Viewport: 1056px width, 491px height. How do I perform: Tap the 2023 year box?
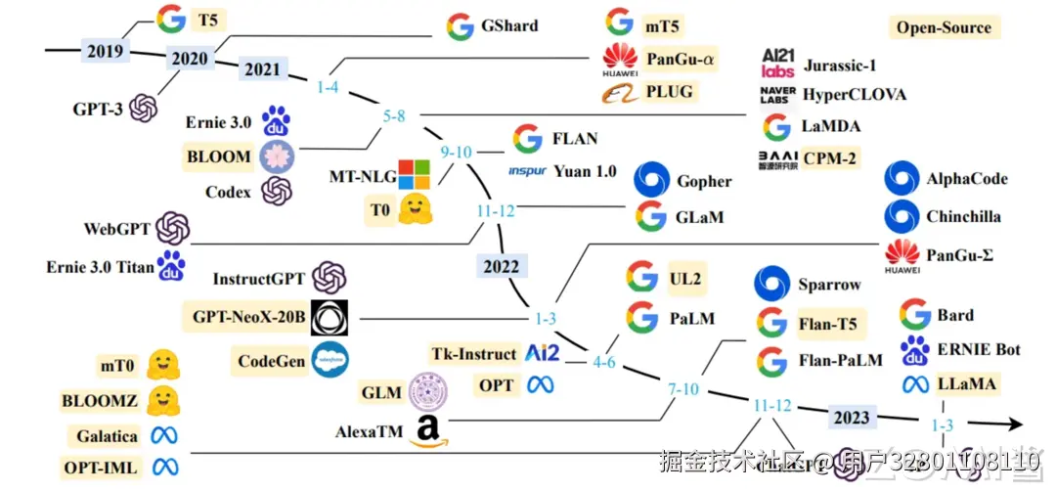tap(851, 418)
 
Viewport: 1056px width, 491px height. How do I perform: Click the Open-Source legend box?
tap(944, 27)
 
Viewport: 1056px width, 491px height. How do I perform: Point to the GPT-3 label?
tap(98, 109)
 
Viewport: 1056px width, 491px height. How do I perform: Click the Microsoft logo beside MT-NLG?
tap(413, 174)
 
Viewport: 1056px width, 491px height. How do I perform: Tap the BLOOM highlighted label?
tap(218, 155)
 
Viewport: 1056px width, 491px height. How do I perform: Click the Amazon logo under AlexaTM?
tap(426, 429)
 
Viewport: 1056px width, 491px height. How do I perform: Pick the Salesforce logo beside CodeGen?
tap(330, 360)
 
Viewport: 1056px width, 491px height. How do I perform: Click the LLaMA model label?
tap(966, 383)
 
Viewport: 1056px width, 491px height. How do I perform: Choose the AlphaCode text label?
tap(966, 179)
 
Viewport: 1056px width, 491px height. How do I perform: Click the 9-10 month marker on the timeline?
tap(456, 152)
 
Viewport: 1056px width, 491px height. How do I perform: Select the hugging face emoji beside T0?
tap(415, 208)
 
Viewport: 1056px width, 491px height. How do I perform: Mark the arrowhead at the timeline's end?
tap(1015, 425)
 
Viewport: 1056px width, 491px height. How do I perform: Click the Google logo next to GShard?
tap(460, 26)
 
